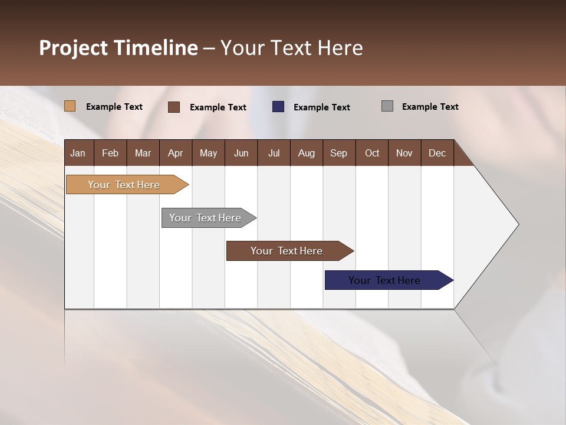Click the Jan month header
(x=78, y=153)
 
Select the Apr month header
(x=175, y=153)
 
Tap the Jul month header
(x=274, y=153)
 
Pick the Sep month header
(x=338, y=153)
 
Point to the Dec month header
(x=437, y=153)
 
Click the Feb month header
(x=110, y=153)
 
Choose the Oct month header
(x=372, y=153)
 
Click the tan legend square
(x=70, y=106)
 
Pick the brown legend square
(x=174, y=107)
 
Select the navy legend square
(x=278, y=107)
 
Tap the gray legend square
(x=387, y=106)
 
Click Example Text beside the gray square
(x=430, y=107)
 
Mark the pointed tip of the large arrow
(x=518, y=224)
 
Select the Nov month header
(x=404, y=153)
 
